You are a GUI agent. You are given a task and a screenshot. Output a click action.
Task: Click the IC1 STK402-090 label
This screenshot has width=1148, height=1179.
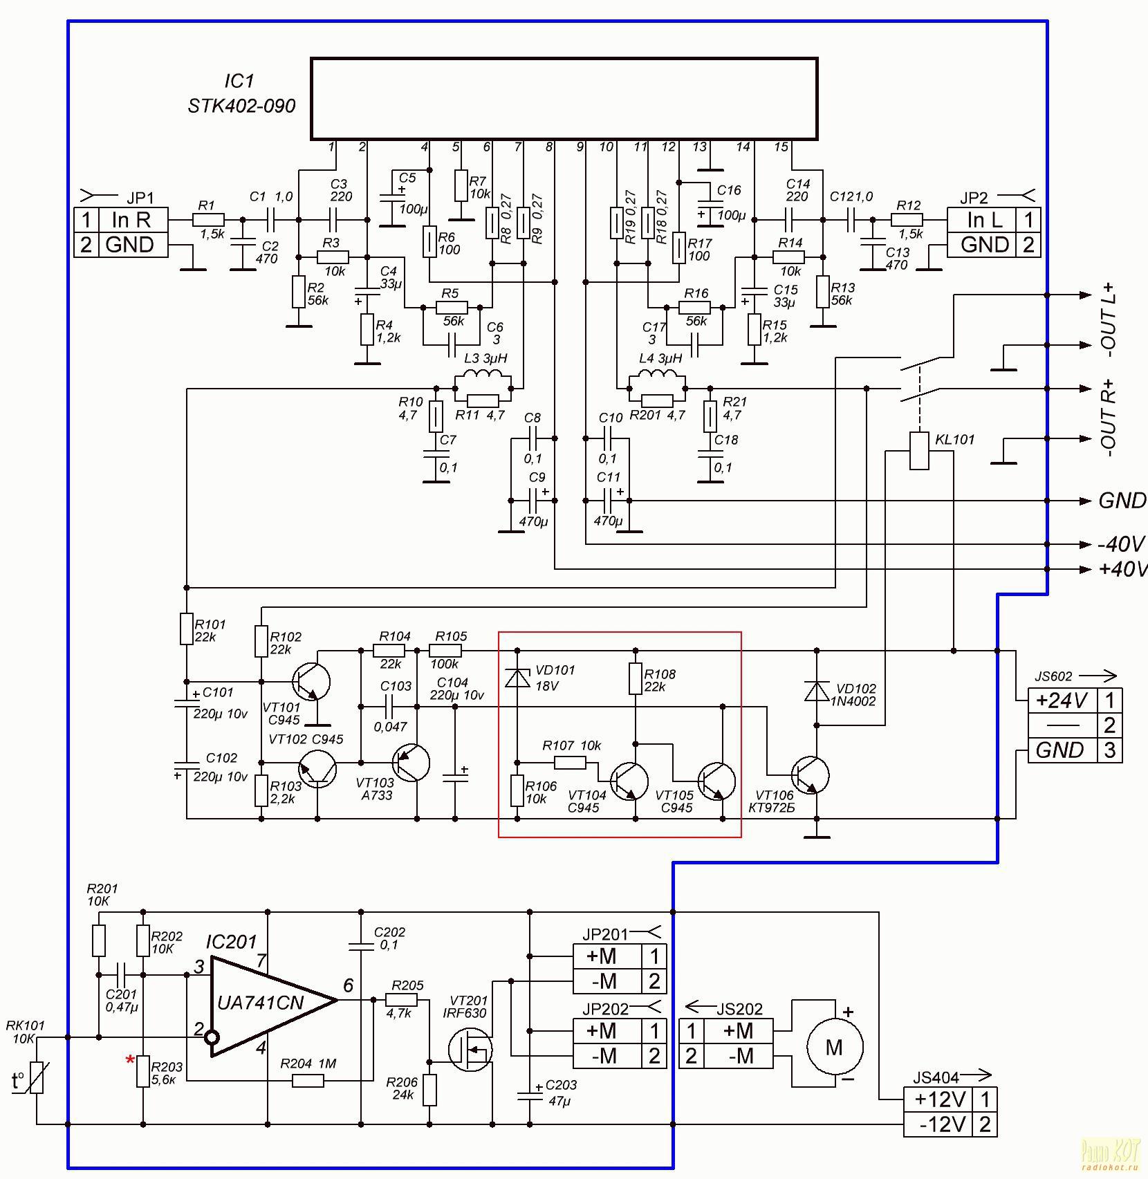tap(241, 94)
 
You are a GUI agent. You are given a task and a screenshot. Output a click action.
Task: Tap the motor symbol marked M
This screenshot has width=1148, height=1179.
tap(835, 1048)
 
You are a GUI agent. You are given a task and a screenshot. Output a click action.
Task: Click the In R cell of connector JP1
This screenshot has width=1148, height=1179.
tap(131, 220)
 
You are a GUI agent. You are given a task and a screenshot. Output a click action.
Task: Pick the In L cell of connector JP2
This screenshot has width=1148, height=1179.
tap(985, 220)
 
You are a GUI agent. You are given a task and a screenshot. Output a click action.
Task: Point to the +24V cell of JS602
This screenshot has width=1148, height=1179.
tap(1062, 700)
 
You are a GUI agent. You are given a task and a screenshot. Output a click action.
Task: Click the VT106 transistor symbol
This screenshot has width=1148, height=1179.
tap(811, 775)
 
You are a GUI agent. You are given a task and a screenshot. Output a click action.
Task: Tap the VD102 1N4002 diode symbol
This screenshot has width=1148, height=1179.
tap(817, 691)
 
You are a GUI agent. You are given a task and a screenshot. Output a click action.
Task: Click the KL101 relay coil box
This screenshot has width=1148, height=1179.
tap(919, 450)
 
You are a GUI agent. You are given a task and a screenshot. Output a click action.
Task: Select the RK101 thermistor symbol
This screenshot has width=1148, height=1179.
tap(37, 1078)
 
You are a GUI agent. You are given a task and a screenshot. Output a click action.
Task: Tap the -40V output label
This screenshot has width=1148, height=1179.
tap(1121, 544)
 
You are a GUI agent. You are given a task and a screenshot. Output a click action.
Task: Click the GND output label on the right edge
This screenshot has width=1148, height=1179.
tap(1122, 501)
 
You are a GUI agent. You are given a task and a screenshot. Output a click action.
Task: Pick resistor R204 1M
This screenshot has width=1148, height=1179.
tap(308, 1079)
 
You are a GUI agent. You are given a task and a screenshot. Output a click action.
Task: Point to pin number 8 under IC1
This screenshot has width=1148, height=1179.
tap(549, 147)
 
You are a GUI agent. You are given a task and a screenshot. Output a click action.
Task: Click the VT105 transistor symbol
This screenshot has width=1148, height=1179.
tap(716, 781)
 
